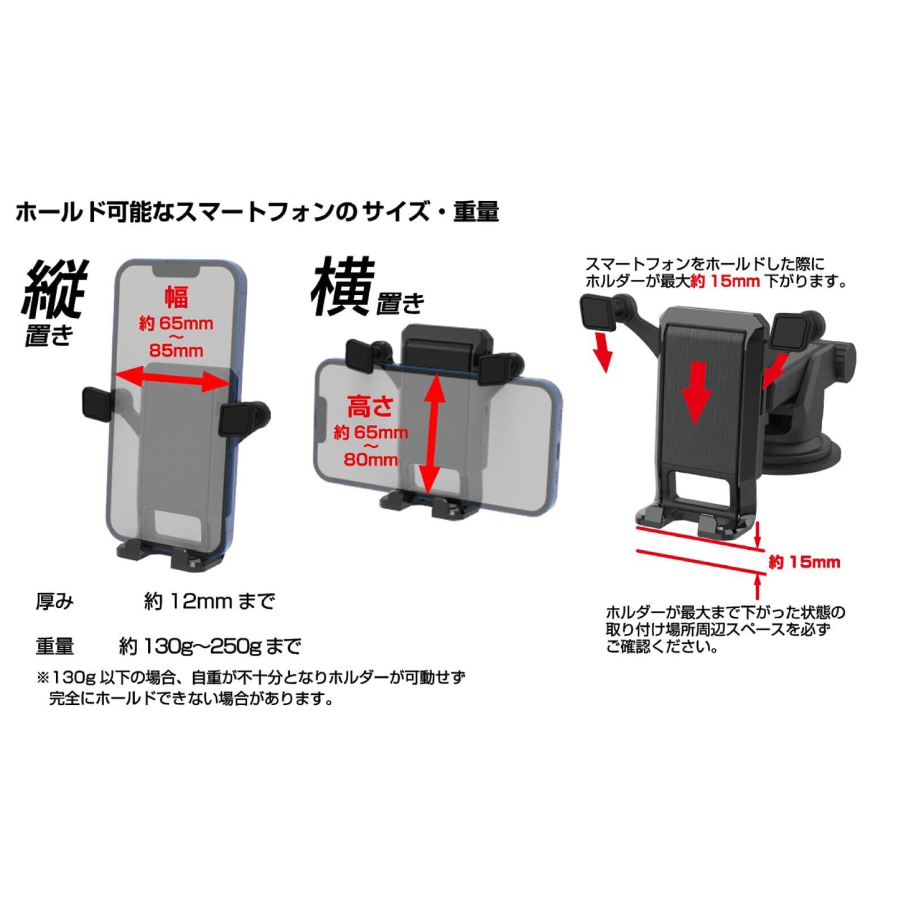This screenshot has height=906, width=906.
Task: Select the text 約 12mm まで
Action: click(210, 601)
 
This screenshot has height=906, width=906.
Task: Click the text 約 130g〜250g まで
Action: click(210, 646)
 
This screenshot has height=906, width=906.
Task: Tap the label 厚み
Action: click(55, 601)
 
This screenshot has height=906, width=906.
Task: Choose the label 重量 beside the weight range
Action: click(55, 646)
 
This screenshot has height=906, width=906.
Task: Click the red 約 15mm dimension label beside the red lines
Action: click(804, 562)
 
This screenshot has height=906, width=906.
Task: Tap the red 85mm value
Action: click(176, 351)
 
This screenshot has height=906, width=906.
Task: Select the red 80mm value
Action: click(371, 459)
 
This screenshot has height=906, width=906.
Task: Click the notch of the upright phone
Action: click(177, 271)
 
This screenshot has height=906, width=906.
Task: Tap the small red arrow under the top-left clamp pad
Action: click(604, 354)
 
